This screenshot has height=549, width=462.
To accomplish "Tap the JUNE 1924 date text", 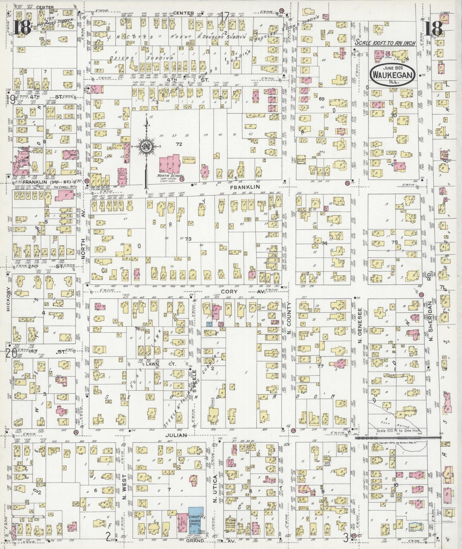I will [x=393, y=68].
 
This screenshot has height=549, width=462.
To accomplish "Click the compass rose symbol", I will [x=146, y=147].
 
